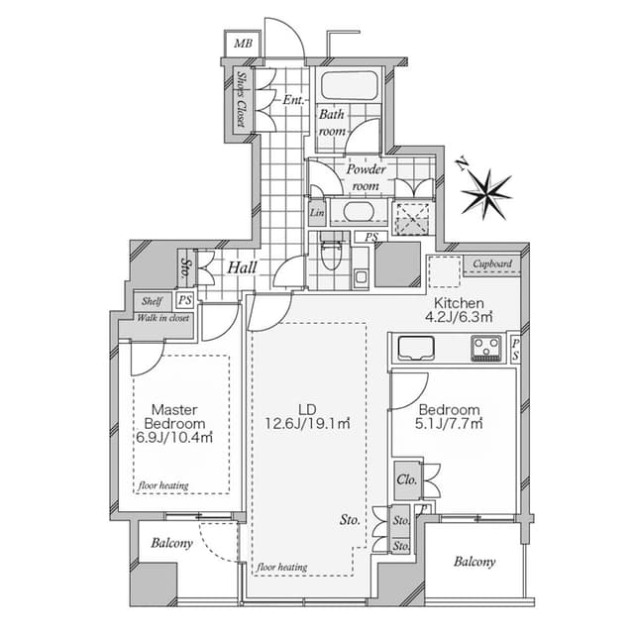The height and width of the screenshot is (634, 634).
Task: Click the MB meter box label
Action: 243,44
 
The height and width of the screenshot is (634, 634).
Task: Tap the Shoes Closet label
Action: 242,99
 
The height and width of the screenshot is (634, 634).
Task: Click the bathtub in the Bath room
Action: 350,85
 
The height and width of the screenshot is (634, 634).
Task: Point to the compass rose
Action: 486,195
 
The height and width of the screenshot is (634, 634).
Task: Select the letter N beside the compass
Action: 462,163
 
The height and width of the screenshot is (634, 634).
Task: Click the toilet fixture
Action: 331,252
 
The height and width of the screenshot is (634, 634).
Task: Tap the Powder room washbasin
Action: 359,211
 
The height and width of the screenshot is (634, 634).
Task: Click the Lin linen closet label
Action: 317,213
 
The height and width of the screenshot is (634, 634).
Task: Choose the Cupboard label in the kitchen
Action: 492,264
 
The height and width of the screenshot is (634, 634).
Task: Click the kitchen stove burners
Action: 486,348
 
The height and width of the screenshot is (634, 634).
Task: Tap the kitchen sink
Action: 416,348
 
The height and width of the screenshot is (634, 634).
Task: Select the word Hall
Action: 242,267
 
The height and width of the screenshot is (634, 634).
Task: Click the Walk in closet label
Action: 162,318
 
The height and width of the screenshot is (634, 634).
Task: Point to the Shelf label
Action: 152,301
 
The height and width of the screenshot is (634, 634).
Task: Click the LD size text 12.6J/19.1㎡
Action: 307,423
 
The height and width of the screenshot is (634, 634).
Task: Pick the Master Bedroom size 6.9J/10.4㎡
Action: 174,438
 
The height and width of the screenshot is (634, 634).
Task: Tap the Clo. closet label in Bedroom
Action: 407,479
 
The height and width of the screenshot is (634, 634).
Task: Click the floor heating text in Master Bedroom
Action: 163,485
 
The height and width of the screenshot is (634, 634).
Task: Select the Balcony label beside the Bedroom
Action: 475,562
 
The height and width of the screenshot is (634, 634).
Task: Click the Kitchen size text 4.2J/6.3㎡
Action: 459,317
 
